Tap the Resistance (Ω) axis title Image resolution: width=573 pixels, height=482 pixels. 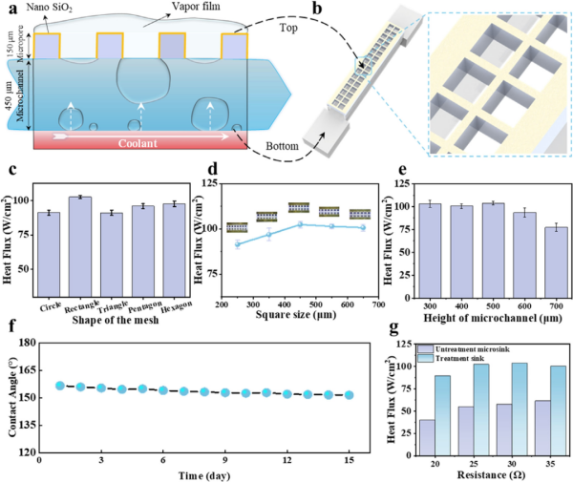(490, 472)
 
